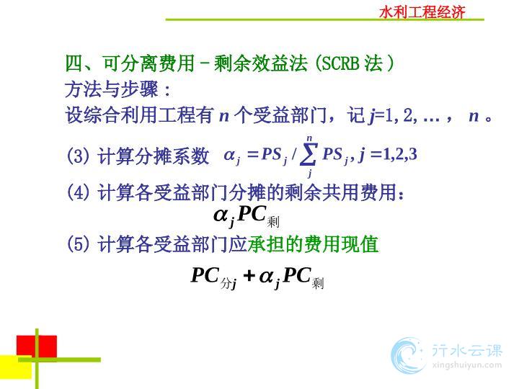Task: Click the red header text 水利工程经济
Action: [x=422, y=12]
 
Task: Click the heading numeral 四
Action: [x=74, y=63]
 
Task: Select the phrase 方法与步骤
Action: [x=112, y=89]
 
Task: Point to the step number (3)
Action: [x=78, y=156]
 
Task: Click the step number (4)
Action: [x=78, y=192]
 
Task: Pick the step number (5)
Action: [x=78, y=244]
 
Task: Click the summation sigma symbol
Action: [x=309, y=154]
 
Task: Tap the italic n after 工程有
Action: [x=224, y=117]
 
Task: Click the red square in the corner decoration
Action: [x=37, y=346]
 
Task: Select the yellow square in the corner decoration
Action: [x=16, y=367]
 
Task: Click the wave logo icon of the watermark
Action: [x=408, y=355]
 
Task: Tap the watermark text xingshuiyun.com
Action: [x=467, y=365]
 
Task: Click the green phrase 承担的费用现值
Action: [x=313, y=244]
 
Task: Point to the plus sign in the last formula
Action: [x=249, y=275]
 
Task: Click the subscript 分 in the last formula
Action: [x=226, y=283]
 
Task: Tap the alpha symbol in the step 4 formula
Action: [x=221, y=215]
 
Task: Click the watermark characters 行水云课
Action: [x=467, y=350]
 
